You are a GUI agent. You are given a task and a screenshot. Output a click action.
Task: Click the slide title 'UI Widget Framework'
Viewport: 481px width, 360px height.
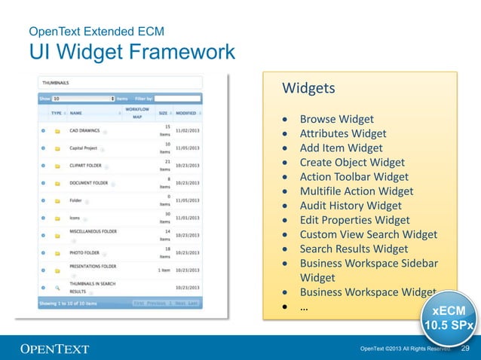coord(131,53)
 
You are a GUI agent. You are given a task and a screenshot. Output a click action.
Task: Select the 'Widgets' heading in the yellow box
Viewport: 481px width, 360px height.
coord(308,89)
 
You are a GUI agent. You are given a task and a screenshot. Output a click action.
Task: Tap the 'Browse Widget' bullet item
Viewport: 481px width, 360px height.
coord(336,119)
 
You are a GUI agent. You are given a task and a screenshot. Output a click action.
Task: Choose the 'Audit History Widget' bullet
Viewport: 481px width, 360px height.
coord(351,206)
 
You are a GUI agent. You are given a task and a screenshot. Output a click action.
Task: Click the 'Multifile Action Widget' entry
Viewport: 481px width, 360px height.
coord(357,191)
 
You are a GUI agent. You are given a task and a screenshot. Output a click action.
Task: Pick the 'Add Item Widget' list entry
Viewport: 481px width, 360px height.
coord(341,148)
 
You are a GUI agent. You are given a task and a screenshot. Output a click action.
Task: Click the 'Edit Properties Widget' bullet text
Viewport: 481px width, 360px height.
coord(354,220)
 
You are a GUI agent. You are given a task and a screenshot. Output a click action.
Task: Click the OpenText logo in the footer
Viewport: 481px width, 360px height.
coord(54,349)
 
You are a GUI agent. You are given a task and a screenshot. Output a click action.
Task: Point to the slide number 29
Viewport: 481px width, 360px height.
coord(465,348)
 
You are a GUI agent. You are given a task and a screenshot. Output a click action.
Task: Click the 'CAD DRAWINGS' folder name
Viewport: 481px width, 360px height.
coord(84,130)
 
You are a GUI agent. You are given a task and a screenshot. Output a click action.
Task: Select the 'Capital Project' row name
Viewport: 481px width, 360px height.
coord(83,148)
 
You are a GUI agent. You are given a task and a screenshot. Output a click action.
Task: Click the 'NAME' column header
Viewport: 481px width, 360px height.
coord(76,113)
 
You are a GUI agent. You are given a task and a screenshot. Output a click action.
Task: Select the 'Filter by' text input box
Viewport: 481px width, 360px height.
coord(178,98)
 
